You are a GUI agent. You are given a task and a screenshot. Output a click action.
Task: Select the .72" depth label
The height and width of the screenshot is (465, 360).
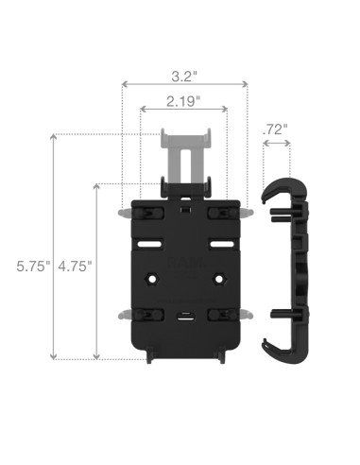(276, 128)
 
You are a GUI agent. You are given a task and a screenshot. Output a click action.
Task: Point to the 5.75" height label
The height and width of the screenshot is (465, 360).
(22, 267)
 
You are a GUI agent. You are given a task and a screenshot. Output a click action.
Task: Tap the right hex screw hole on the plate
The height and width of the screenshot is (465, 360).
(220, 281)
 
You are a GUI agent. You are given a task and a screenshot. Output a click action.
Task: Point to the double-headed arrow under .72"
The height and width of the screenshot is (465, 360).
(276, 144)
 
